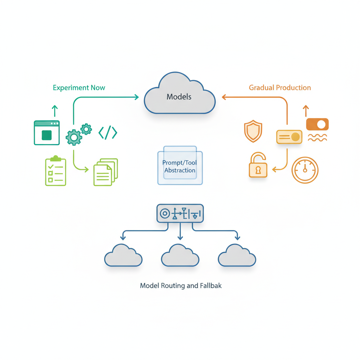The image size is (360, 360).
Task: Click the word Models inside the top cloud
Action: click(x=179, y=97)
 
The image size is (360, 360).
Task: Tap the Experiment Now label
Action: click(x=79, y=88)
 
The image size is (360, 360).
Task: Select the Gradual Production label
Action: click(x=280, y=88)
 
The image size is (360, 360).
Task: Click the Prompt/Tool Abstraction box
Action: click(x=180, y=166)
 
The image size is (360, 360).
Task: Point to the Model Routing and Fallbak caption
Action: click(x=181, y=285)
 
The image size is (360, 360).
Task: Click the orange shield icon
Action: click(x=253, y=131)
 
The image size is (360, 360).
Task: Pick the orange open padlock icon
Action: click(x=258, y=165)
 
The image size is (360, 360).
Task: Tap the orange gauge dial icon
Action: click(x=305, y=170)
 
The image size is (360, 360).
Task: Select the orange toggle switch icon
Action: click(x=317, y=124)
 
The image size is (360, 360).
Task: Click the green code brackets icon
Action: click(x=108, y=133)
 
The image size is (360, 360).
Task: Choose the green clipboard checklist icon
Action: click(x=56, y=171)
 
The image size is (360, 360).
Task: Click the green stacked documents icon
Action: click(x=105, y=172)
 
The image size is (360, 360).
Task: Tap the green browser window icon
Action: click(x=47, y=133)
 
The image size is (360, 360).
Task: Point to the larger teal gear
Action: click(x=74, y=137)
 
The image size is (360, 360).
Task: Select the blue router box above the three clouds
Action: click(x=180, y=213)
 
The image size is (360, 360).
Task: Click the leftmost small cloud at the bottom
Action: click(x=123, y=256)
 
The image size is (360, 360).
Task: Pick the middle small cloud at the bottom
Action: click(x=180, y=256)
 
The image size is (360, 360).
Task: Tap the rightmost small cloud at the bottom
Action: click(x=237, y=256)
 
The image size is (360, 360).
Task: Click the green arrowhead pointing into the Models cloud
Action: click(x=136, y=97)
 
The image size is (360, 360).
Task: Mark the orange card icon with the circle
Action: click(x=289, y=137)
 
